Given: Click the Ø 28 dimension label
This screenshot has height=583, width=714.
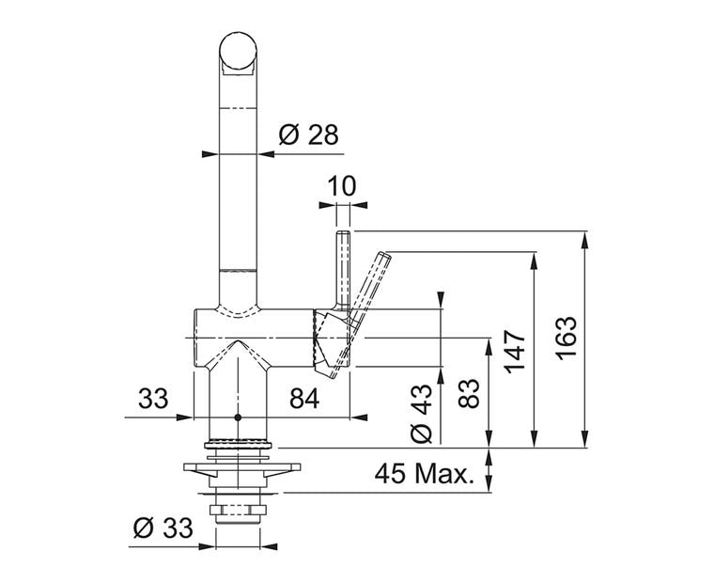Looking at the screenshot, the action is coord(308,134).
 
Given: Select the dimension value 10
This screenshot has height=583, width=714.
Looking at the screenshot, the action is coord(342,186).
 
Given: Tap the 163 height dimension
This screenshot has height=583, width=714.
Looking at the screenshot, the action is coord(567,338).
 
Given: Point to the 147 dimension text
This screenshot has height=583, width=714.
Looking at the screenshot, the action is coord(516,352).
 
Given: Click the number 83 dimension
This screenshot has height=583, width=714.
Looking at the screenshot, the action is coord(469,393).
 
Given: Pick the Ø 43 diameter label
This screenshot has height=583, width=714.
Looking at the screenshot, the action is coord(421,414).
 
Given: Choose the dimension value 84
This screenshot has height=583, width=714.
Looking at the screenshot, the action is coord(304,399).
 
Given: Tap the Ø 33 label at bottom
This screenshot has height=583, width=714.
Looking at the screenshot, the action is coord(163,528).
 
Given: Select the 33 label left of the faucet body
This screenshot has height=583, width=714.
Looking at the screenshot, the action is coord(153,399).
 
